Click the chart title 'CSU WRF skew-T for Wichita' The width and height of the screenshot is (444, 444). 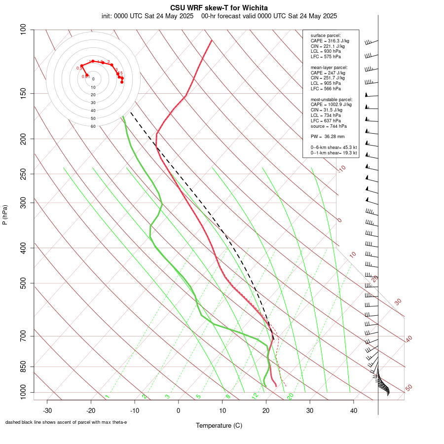[219, 8]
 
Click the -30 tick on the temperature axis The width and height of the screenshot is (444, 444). [47, 410]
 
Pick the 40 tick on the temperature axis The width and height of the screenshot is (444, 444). [354, 410]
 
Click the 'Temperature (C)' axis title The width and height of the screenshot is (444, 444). [219, 425]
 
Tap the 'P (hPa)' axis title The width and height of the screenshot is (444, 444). [5, 215]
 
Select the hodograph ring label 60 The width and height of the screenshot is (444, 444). [93, 126]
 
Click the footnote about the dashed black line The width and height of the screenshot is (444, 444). [66, 422]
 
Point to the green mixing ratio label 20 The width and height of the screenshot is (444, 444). [290, 396]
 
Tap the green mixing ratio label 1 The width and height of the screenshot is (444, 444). [107, 397]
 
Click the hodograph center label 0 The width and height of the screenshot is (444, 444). [93, 79]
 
